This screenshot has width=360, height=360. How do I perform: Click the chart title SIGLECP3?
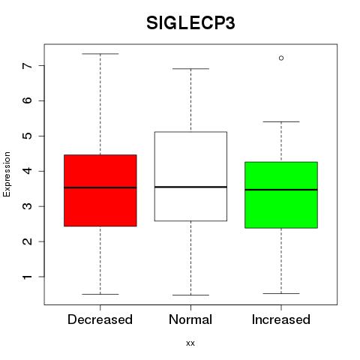click(x=190, y=23)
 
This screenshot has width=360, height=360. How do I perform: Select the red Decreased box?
click(x=100, y=190)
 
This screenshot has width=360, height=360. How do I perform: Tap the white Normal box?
click(x=190, y=176)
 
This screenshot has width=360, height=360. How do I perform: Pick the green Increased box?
click(x=281, y=195)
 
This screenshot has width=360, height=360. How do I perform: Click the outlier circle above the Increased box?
click(x=281, y=58)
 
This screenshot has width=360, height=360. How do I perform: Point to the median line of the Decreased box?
click(x=100, y=187)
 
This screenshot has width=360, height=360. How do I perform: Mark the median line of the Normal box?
click(x=190, y=187)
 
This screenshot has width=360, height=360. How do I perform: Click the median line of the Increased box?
click(x=281, y=190)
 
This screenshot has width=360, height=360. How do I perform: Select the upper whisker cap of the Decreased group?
click(x=100, y=54)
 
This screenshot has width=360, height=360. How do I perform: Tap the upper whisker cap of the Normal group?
click(x=190, y=69)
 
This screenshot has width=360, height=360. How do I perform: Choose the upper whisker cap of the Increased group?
click(x=281, y=121)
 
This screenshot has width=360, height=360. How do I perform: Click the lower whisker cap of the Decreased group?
click(x=100, y=294)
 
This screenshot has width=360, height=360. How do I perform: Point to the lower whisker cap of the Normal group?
click(x=190, y=295)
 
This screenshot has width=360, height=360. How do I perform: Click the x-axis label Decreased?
click(x=100, y=319)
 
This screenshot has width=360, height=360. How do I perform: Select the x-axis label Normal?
click(x=190, y=319)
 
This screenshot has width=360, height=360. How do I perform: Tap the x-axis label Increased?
click(x=281, y=319)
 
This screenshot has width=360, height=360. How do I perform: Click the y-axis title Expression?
click(x=7, y=174)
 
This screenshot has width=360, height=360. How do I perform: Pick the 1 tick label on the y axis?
click(x=28, y=277)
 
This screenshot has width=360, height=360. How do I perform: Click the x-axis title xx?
click(x=190, y=343)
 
